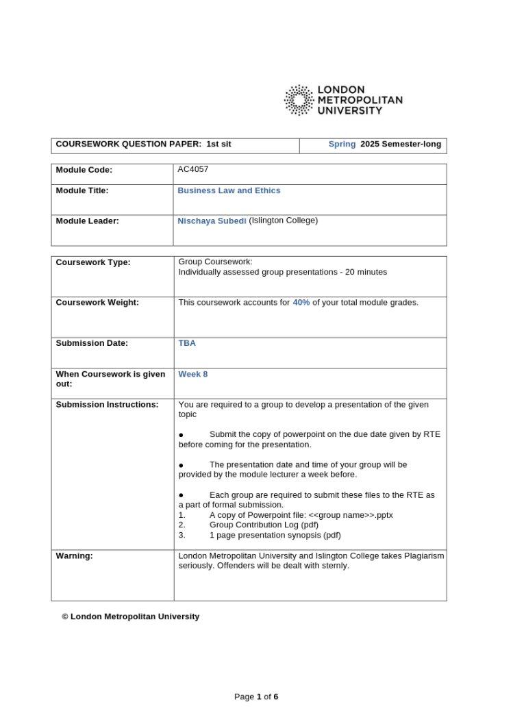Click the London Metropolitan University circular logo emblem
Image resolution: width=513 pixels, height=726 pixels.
(299, 100)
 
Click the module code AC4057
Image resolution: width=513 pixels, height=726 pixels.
(193, 169)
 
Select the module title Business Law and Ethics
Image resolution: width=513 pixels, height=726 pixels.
(229, 190)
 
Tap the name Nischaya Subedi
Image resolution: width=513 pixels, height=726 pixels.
(212, 221)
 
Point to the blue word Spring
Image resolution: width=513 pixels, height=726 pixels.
(342, 144)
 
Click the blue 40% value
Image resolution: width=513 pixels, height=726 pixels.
(301, 302)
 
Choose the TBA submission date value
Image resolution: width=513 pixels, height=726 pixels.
(187, 343)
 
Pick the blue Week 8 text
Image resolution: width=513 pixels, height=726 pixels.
(193, 374)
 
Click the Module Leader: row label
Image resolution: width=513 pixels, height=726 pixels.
(87, 221)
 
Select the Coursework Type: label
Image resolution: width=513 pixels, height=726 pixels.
(92, 262)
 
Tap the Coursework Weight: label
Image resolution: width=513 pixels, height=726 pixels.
(97, 302)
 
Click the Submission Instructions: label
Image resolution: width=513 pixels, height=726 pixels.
(107, 404)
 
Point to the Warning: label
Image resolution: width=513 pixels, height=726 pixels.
(74, 555)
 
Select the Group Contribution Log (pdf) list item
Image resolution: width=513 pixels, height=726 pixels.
(264, 525)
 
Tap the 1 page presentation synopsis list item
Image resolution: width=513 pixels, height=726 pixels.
(275, 535)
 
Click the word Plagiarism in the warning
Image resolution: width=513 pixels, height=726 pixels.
(423, 555)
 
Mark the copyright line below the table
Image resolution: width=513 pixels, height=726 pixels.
(130, 616)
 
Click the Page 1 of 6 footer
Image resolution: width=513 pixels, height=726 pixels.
(256, 697)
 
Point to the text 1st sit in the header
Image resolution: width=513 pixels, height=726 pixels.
(218, 144)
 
